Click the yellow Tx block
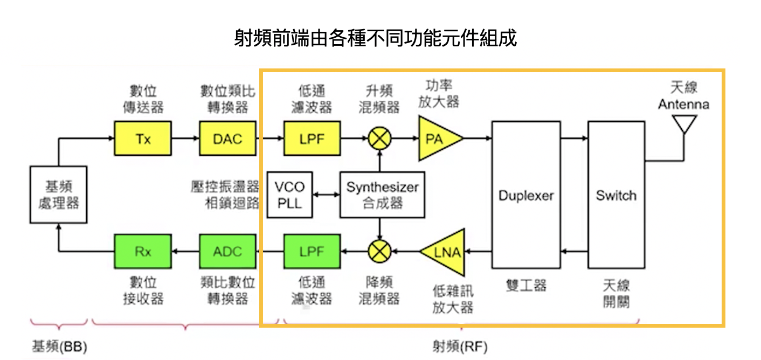click(x=143, y=139)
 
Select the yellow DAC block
click(x=227, y=139)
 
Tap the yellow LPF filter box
click(x=312, y=139)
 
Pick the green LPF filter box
click(x=312, y=252)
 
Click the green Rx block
click(x=143, y=252)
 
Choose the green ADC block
click(x=227, y=252)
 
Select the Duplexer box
click(x=526, y=195)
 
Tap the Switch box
click(x=616, y=195)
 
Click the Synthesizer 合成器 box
click(x=382, y=195)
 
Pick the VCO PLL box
click(x=289, y=195)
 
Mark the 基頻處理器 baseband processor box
click(x=58, y=195)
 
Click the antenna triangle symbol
click(x=684, y=124)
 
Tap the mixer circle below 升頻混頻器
click(x=380, y=139)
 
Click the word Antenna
click(x=683, y=104)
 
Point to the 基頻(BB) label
click(x=59, y=346)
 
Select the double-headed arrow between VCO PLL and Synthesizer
click(x=326, y=195)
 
